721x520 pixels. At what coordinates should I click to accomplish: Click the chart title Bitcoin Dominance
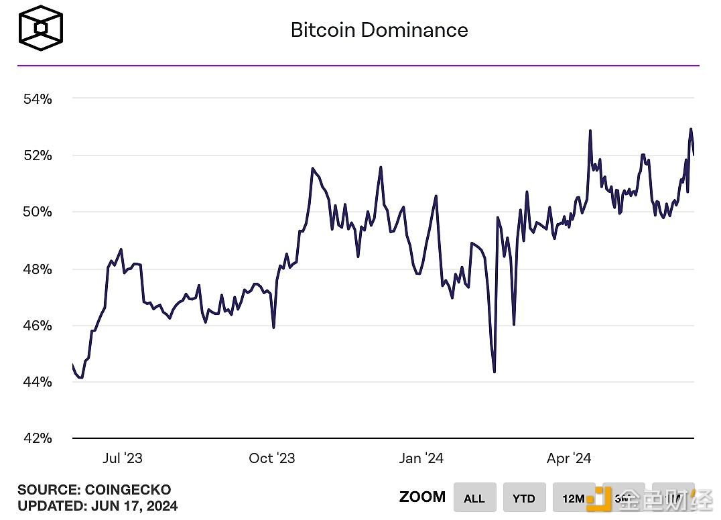pos(379,30)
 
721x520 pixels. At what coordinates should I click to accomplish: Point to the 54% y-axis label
pos(37,99)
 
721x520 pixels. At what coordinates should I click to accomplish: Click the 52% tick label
pos(37,155)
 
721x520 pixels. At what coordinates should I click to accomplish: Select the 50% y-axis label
pos(37,212)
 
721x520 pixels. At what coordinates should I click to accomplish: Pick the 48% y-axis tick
pos(37,269)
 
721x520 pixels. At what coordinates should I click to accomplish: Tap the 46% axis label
pos(37,326)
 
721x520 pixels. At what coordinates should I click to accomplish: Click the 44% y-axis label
pos(37,382)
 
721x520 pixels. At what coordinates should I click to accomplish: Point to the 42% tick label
pos(37,438)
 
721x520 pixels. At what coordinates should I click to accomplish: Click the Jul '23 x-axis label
pos(123,458)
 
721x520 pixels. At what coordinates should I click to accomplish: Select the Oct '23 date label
pos(271,458)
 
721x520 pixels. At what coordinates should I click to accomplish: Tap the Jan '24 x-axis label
pos(421,458)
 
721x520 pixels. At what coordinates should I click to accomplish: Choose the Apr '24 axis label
pos(569,458)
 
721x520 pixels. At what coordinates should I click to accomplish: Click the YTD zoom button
pos(524,498)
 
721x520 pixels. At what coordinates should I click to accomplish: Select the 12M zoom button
pos(574,498)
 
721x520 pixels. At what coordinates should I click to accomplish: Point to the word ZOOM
pos(422,497)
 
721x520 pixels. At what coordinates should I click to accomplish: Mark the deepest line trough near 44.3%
pos(494,371)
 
